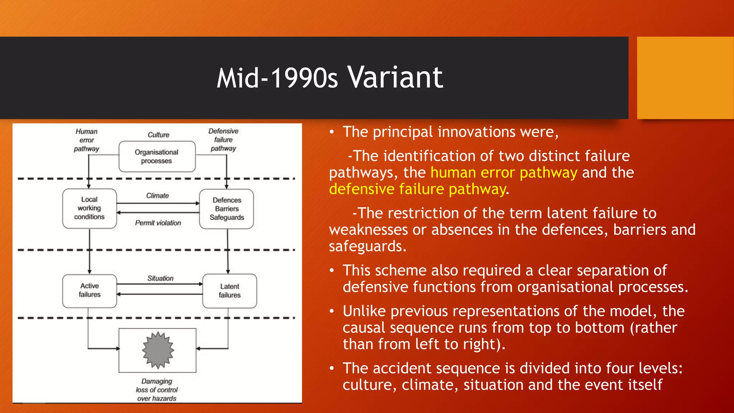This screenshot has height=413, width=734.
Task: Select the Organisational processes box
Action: [157, 157]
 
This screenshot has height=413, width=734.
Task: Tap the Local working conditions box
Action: [89, 208]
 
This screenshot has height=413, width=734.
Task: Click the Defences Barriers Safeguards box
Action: [227, 209]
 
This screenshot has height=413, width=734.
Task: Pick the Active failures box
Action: [89, 290]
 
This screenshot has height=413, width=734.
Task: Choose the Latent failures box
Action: [229, 291]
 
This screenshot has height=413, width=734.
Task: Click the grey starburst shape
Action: [158, 350]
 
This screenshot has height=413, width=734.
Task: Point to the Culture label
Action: [158, 135]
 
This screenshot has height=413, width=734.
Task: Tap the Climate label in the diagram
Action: [157, 196]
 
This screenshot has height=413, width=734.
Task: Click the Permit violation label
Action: [158, 223]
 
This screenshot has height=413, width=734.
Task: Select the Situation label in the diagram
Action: [160, 278]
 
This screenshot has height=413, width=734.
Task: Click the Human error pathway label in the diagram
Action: [86, 140]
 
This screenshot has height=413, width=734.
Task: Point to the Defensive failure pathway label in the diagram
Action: [223, 140]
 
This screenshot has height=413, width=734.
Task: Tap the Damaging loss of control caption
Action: [157, 390]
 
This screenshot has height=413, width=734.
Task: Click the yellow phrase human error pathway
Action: [504, 173]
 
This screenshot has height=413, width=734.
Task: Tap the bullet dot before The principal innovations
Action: [332, 132]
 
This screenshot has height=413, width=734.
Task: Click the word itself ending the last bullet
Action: [645, 385]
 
